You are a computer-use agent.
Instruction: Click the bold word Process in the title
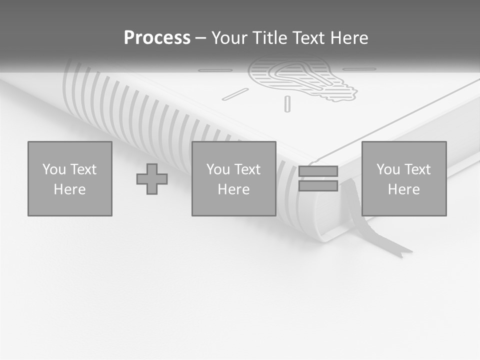pos(157,38)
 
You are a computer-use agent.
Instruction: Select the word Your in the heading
pos(230,38)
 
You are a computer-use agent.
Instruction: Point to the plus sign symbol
pos(152,179)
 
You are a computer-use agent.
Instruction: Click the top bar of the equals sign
pos(318,171)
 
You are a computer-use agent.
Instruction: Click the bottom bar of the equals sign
pos(318,186)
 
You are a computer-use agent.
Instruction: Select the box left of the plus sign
pos(70,178)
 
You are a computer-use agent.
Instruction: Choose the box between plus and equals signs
pos(234,178)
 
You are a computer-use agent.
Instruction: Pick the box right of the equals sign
pos(404,178)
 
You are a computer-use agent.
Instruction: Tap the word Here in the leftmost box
pos(70,189)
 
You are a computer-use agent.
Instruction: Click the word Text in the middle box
pos(248,169)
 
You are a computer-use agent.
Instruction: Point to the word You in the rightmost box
pos(388,169)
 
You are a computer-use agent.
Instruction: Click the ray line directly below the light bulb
pos(287,103)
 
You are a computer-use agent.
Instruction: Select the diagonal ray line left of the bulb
pos(235,94)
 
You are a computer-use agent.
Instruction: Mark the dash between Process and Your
pos(201,38)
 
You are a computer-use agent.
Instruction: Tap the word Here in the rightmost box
pos(404,189)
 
